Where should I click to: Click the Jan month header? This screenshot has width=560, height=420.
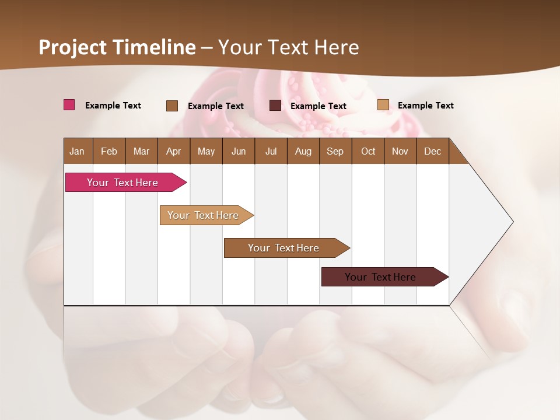[x=77, y=151]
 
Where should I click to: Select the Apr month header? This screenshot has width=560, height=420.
[x=173, y=151]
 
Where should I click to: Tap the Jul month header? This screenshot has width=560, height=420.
[x=271, y=151]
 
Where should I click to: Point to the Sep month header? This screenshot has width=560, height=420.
[x=335, y=151]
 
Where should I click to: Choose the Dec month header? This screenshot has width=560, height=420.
[x=432, y=151]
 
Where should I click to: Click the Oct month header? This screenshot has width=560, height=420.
[x=368, y=151]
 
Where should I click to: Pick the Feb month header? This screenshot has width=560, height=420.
[x=109, y=151]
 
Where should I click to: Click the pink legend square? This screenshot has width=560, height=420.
[x=69, y=105]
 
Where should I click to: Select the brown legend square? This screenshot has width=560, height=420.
[x=171, y=106]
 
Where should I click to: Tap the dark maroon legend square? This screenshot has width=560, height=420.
[x=275, y=106]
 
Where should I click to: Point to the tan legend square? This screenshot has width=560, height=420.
[x=383, y=105]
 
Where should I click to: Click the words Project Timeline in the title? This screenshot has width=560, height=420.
[x=117, y=47]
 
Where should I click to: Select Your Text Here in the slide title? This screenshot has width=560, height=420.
[x=289, y=47]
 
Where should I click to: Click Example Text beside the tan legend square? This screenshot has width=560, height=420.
[x=425, y=106]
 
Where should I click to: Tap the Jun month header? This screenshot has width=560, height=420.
[x=239, y=151]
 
